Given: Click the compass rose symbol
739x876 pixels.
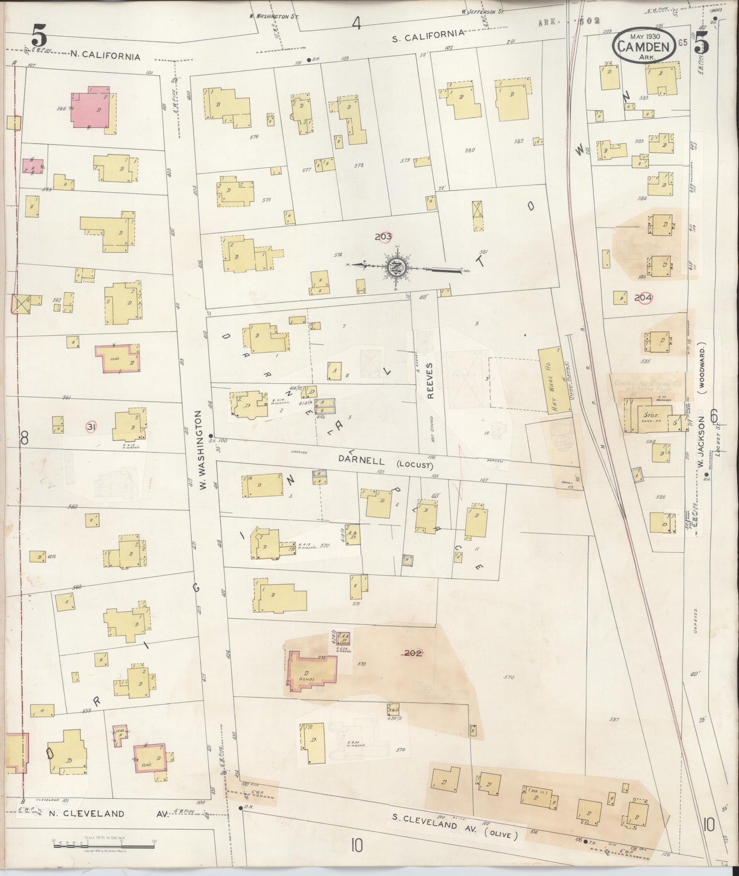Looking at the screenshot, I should [395, 266].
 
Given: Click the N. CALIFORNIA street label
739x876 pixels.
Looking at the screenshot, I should [105, 56].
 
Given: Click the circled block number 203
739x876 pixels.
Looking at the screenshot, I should [383, 237].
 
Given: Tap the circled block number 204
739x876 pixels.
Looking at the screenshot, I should [643, 297].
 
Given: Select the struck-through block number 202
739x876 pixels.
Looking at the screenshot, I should [413, 653].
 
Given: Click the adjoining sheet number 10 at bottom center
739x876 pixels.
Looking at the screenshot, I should [356, 846].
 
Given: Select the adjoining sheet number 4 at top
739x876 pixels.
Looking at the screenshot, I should [356, 23].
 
